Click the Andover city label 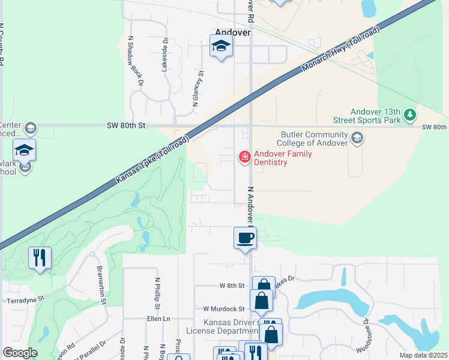(232, 32)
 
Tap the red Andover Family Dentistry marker (244, 157)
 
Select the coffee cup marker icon (244, 238)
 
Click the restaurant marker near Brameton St (40, 258)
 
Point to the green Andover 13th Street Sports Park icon (409, 114)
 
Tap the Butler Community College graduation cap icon (357, 139)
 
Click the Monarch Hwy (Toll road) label (340, 49)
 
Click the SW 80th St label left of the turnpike (126, 125)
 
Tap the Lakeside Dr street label (164, 55)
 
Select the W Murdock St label (224, 308)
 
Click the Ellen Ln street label (158, 319)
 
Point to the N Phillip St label (157, 293)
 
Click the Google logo (20, 353)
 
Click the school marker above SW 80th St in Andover (221, 46)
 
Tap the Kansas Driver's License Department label (232, 326)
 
